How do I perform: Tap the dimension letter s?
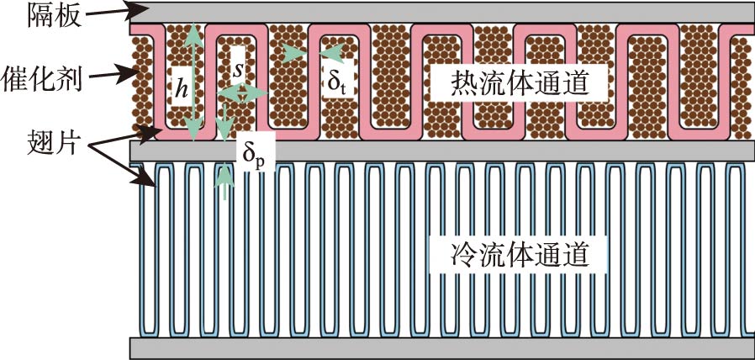pos(238,71)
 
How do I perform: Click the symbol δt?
pos(336,82)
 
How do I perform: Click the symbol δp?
pos(252,155)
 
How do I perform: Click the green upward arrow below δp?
pos(225,181)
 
